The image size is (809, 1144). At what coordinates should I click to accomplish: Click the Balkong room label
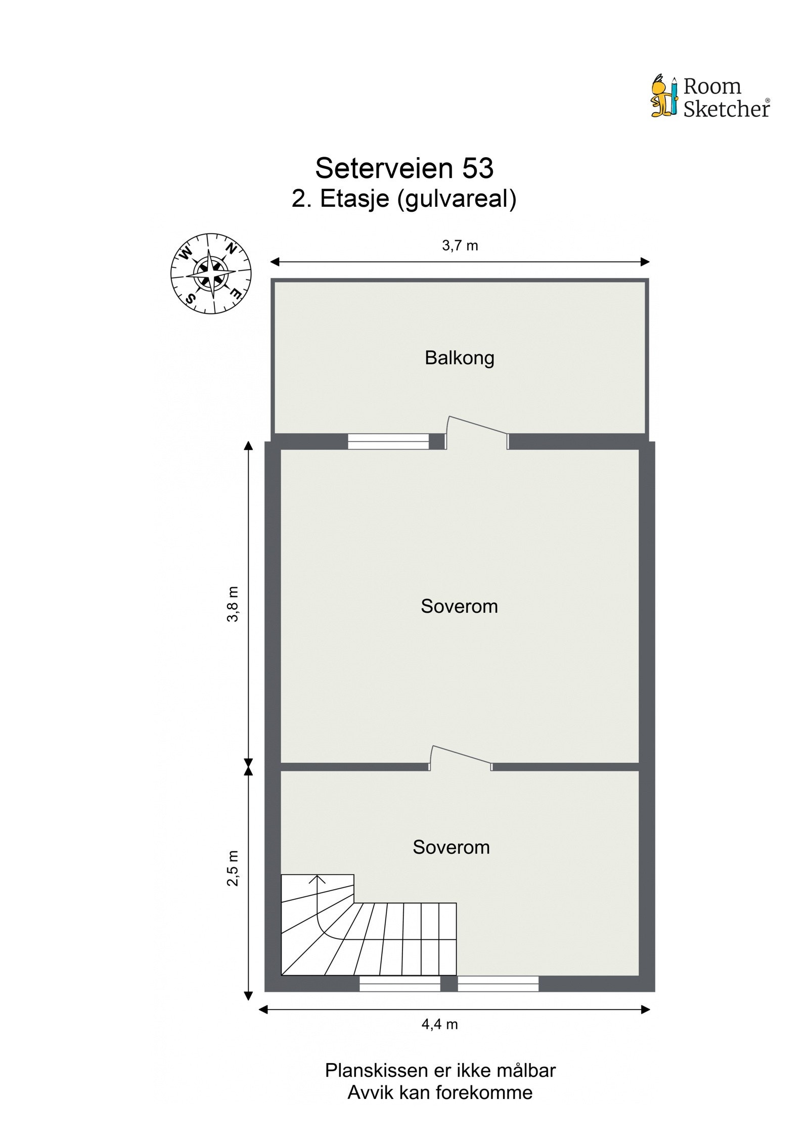[x=459, y=358]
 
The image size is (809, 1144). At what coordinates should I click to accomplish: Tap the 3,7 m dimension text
[x=460, y=246]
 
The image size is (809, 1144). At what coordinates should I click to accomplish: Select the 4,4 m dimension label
[x=439, y=1024]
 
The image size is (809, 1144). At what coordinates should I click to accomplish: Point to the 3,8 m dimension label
[x=233, y=604]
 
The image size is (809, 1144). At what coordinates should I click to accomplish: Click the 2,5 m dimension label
[x=233, y=868]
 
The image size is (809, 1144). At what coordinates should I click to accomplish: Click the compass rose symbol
[x=211, y=273]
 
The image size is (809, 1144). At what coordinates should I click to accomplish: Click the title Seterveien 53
[x=404, y=168]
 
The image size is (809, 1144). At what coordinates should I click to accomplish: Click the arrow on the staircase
[x=317, y=880]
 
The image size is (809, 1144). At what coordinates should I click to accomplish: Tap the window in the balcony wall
[x=388, y=441]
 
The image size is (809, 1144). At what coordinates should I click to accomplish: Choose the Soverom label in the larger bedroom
[x=459, y=606]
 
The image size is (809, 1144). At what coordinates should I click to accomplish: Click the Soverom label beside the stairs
[x=451, y=847]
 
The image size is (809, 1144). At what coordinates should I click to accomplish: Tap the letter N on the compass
[x=231, y=249]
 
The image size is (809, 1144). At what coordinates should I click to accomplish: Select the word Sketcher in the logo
[x=726, y=109]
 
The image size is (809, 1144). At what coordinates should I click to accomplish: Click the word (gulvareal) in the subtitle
[x=457, y=199]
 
